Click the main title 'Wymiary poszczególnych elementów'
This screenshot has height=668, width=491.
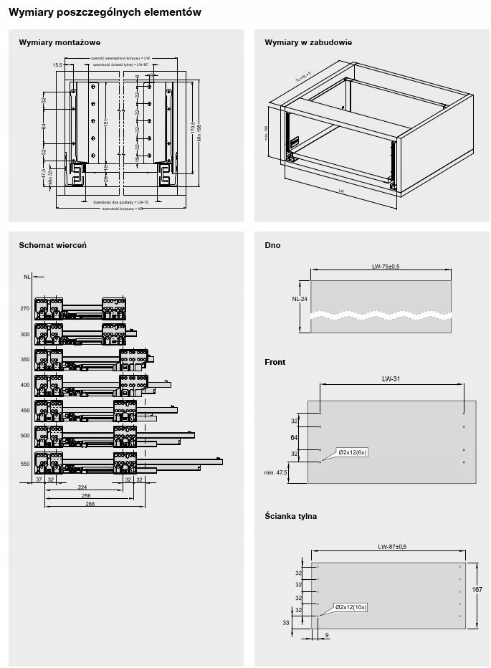point(105,12)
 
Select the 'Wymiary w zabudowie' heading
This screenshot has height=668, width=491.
point(308,42)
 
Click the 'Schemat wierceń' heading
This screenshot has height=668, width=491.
point(53,245)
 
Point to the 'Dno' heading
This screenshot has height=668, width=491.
point(272,245)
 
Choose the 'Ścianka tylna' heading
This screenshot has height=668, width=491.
point(290,515)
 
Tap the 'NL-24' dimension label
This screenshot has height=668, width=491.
point(300,300)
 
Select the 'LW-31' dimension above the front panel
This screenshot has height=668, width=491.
point(391,379)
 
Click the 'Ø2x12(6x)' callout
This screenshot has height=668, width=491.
point(353,453)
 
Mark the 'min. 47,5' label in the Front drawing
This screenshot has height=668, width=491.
point(275,473)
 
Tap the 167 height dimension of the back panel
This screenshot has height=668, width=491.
point(477,589)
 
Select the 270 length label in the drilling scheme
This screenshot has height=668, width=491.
point(25,308)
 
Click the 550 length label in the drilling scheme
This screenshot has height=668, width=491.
point(25,464)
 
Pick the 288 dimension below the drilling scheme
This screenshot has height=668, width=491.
point(90,505)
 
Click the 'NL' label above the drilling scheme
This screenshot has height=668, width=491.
point(27,276)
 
